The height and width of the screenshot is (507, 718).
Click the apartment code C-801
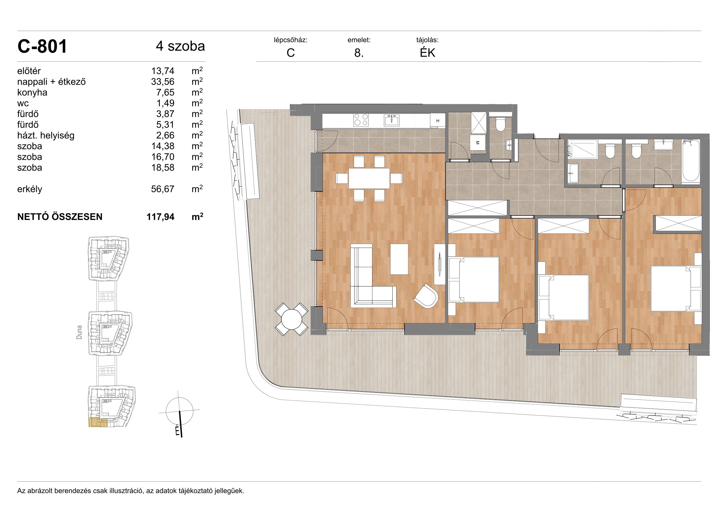(42, 47)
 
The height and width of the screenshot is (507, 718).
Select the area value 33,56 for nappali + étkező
(163, 82)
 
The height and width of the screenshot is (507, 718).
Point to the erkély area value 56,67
(163, 189)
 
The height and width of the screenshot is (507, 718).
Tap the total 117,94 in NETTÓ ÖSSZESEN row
(160, 217)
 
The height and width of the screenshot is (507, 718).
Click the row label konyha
(32, 92)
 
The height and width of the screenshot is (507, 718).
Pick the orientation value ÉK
(428, 53)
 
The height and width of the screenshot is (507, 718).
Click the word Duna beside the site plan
(79, 332)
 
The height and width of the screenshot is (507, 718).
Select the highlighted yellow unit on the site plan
(98, 422)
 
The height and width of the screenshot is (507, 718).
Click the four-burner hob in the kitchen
(361, 120)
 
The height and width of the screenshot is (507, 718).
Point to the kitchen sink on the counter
(391, 120)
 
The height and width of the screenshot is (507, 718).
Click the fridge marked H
(438, 120)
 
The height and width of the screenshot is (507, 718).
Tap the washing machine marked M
(478, 143)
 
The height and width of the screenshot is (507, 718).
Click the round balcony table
(292, 319)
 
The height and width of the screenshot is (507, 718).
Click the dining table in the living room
(369, 178)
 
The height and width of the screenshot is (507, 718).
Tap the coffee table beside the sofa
(399, 259)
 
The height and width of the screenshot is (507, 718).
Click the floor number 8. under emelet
(359, 53)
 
